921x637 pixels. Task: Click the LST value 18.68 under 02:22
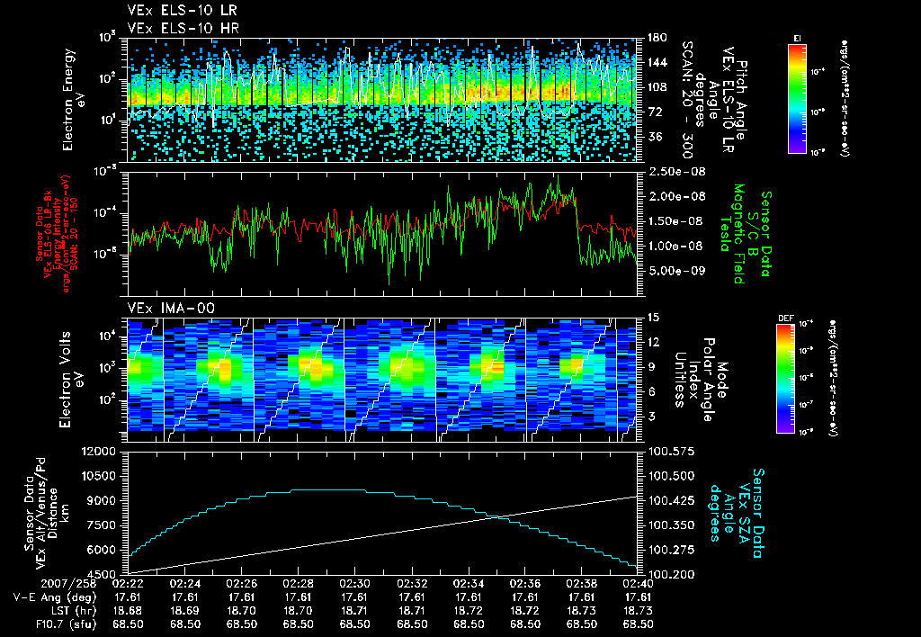129,610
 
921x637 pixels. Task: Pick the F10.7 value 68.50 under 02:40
638,624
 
